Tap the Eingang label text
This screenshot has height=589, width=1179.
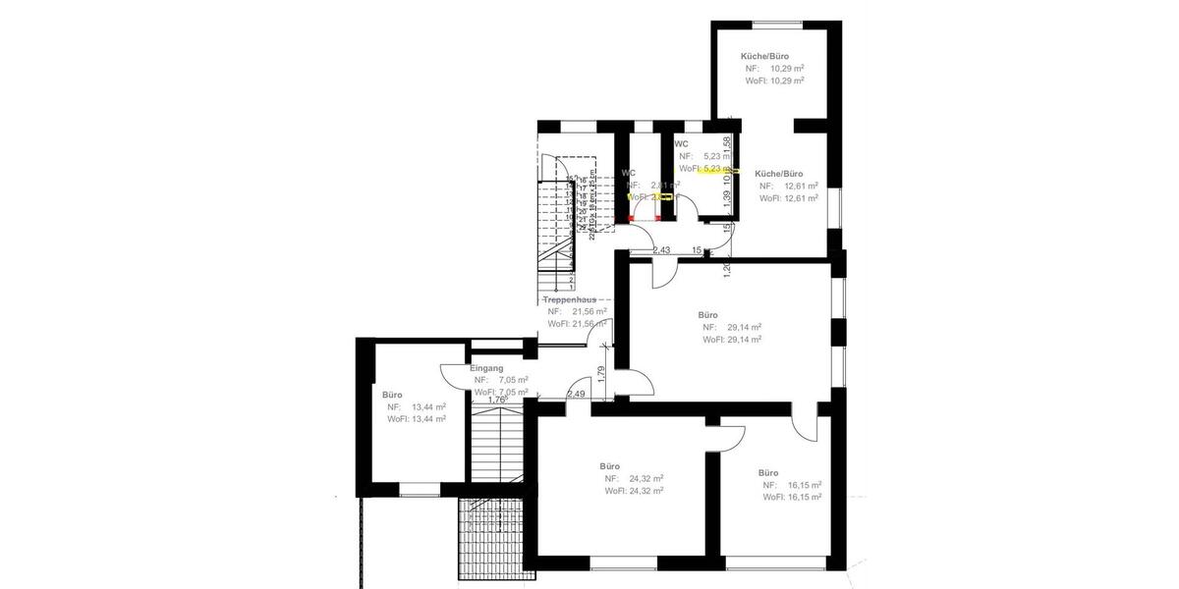point(486,368)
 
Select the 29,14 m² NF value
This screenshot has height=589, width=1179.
point(744,327)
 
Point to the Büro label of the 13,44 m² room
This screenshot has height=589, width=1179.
point(392,395)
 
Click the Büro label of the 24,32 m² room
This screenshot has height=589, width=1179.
point(609,466)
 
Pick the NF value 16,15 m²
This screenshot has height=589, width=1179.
point(803,485)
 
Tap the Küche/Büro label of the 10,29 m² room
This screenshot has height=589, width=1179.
point(765,57)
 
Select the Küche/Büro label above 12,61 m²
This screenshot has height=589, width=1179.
point(779,174)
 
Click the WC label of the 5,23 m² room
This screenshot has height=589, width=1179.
point(681,144)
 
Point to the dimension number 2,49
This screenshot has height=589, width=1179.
point(576,395)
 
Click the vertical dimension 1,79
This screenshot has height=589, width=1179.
point(601,374)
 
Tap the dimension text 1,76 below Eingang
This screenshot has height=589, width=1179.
point(496,400)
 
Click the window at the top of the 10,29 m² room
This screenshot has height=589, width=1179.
point(776,24)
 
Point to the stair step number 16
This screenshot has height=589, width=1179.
point(582,181)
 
